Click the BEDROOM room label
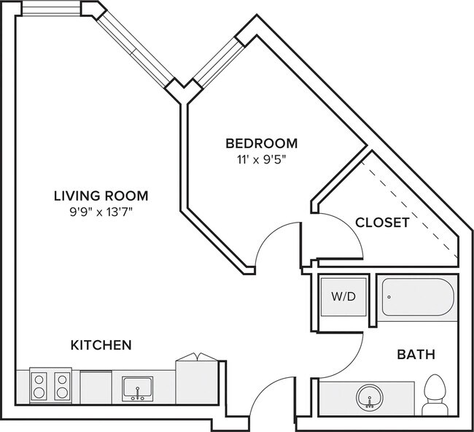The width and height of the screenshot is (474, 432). (262, 144)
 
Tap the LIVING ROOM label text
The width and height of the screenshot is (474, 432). (101, 196)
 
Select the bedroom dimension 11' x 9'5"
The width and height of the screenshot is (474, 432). (261, 159)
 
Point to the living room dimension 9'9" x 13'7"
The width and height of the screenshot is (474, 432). (101, 212)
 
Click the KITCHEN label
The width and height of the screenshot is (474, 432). (101, 345)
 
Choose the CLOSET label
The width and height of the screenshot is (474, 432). (382, 223)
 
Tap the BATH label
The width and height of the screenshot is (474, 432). (416, 354)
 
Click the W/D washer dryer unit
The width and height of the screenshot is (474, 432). (343, 297)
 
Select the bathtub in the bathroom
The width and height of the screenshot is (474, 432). (418, 297)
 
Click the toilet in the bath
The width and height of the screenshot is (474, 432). (435, 395)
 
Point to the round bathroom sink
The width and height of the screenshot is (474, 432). (370, 398)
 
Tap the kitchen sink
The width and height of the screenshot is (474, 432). (138, 389)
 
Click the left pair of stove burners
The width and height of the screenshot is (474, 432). (39, 386)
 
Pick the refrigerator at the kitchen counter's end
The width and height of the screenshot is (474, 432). (197, 381)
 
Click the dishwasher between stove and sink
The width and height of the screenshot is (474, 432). (96, 387)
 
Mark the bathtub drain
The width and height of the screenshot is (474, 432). (389, 297)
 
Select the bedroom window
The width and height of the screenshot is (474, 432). (219, 63)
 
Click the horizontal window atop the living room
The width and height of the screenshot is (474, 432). (51, 8)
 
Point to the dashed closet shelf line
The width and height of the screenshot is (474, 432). (410, 209)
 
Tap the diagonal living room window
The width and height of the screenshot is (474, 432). (136, 50)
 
